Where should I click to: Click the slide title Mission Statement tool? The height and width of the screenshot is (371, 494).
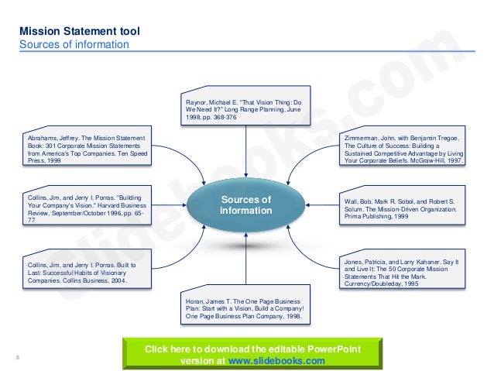click(x=80, y=32)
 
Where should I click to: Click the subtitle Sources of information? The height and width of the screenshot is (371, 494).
click(x=74, y=44)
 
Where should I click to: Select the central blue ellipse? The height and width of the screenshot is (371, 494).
click(x=245, y=204)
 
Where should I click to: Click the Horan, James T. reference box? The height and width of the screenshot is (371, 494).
click(x=245, y=309)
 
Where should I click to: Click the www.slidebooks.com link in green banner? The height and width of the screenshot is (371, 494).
click(x=286, y=361)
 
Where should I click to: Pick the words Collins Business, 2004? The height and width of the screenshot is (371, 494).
click(x=100, y=282)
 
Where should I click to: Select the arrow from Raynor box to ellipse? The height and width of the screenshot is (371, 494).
click(x=245, y=150)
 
